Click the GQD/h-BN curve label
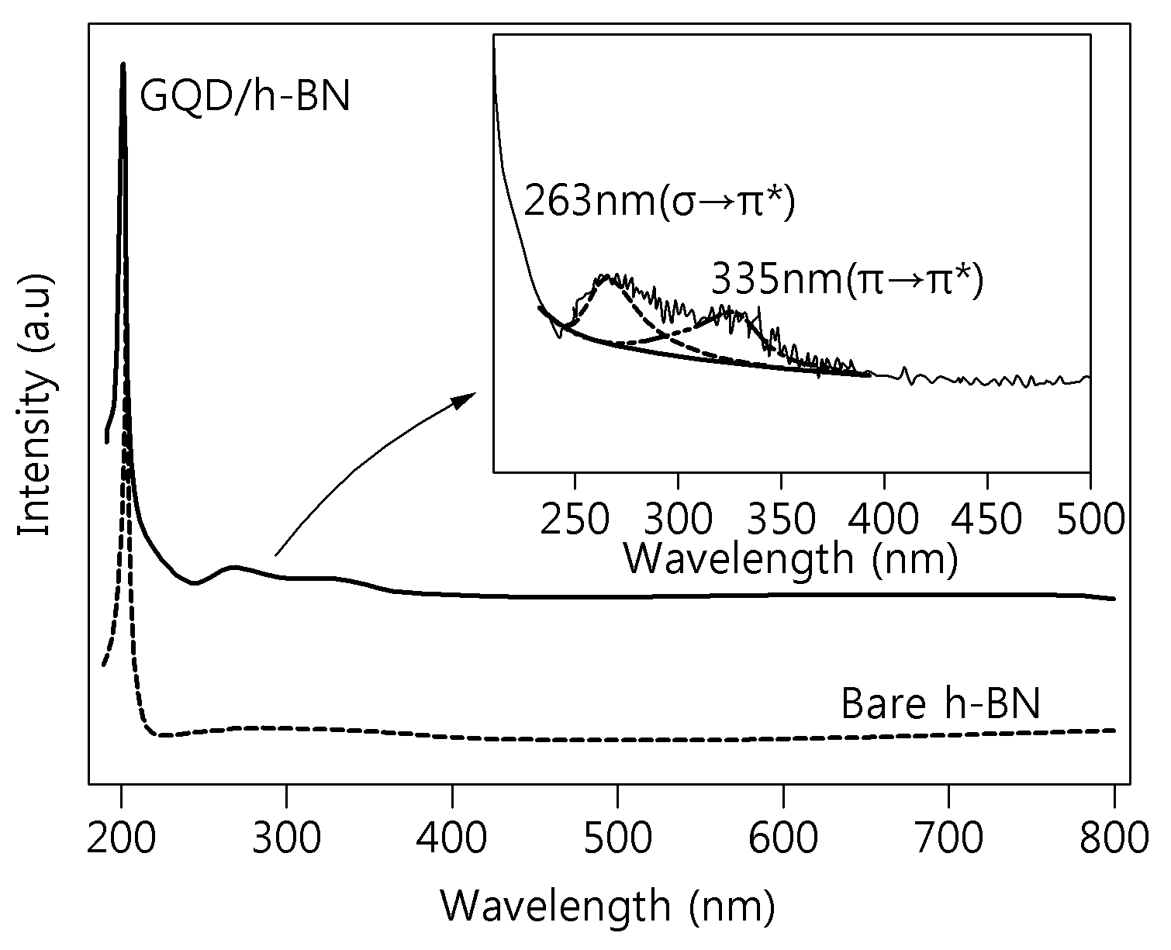244,97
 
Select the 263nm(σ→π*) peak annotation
660,202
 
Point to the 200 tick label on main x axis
122,838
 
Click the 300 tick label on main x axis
286,838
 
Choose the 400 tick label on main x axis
452,838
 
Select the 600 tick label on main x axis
783,838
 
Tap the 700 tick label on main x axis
949,838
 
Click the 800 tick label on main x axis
1114,838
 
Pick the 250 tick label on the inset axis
575,519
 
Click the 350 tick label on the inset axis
781,519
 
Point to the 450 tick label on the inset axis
987,519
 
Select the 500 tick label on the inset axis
1090,519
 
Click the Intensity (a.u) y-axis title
36,405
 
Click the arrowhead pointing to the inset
464,399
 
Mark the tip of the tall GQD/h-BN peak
123,64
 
